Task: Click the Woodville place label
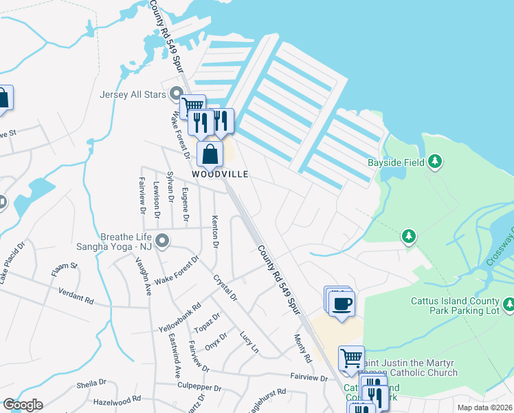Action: pos(220,174)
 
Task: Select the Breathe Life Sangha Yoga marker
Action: pos(163,240)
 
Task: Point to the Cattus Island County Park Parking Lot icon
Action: pos(509,304)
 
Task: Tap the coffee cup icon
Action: pos(342,303)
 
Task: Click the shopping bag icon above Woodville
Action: pos(210,154)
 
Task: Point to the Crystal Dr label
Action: pos(225,288)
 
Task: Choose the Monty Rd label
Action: pos(303,349)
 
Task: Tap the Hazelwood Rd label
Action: pos(117,399)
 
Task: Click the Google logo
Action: pos(23,405)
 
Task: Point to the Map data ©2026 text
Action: pos(484,407)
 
